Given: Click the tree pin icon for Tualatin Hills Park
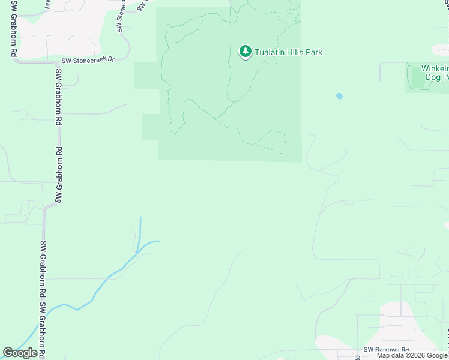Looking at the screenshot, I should (x=245, y=52).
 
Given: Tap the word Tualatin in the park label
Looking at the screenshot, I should (x=269, y=52).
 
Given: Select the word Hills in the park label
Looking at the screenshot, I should (x=296, y=52).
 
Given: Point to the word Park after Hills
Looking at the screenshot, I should (x=315, y=52).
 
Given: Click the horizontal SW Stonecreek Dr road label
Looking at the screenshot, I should (x=88, y=61).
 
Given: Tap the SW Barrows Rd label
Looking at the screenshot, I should (x=386, y=350).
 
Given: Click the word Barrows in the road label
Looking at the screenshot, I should (x=387, y=350).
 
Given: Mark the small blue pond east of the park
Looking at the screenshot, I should (x=339, y=95).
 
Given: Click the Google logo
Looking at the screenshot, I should (x=20, y=353).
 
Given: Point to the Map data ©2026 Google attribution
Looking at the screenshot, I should (x=412, y=355).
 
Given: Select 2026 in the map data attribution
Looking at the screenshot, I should (x=416, y=355).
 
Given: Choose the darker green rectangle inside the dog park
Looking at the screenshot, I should (x=417, y=77).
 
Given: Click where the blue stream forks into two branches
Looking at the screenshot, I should (x=138, y=252).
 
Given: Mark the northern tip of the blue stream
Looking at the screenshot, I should (x=140, y=218).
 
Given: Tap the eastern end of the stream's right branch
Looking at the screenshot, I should (x=159, y=241).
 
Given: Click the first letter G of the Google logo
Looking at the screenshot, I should (x=8, y=353).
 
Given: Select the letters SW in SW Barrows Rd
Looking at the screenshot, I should (x=369, y=350).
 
